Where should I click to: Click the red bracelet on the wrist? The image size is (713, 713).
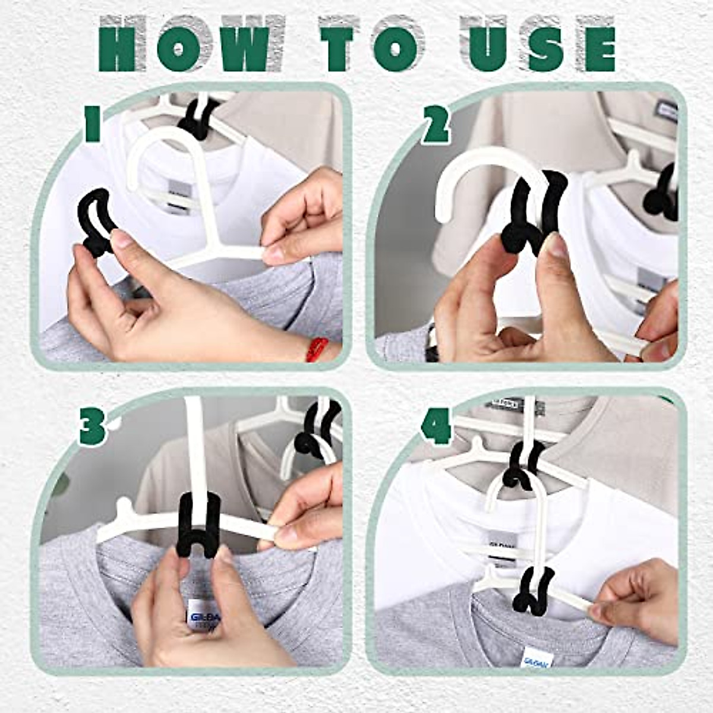316,349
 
